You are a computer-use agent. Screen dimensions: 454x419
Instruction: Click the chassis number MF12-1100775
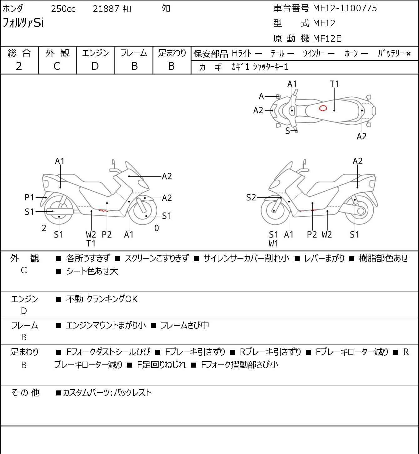tap(345, 8)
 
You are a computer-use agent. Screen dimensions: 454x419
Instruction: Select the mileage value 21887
tap(106, 9)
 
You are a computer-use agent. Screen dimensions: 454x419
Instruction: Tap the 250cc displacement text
tap(63, 9)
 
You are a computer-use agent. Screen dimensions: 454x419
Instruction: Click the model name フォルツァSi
tap(23, 23)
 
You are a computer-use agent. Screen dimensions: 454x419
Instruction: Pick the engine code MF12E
tap(327, 39)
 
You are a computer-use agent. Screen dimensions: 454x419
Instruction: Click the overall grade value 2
tap(19, 66)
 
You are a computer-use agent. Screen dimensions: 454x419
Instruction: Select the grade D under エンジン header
tap(95, 66)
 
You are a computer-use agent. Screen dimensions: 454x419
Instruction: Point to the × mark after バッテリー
tap(408, 54)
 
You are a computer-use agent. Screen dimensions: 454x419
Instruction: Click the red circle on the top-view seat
tap(323, 108)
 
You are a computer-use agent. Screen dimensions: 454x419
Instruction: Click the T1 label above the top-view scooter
tap(334, 84)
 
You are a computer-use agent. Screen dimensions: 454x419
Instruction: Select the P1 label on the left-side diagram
tap(29, 198)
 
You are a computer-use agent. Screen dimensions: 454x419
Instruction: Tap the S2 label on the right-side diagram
tap(251, 198)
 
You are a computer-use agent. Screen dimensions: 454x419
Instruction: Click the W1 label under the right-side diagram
tap(273, 243)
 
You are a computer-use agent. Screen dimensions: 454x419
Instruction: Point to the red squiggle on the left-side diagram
tap(103, 211)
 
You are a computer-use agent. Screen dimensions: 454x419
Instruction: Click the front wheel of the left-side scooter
tap(145, 210)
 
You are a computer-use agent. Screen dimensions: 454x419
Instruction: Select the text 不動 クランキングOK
tap(102, 299)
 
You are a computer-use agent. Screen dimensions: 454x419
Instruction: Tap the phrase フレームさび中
tap(184, 326)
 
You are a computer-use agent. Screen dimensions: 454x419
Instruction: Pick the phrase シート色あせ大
tap(92, 271)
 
